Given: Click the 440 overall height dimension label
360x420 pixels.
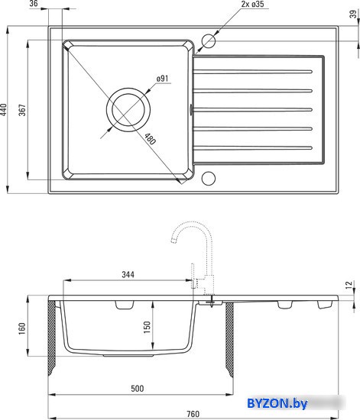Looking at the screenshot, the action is [x=4, y=110].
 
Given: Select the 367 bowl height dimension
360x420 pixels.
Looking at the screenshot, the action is [x=22, y=110].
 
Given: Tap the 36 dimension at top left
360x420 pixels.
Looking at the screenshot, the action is [x=34, y=4].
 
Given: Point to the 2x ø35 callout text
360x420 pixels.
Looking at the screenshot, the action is [x=252, y=4].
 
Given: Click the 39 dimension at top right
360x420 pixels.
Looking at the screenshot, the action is [x=354, y=14].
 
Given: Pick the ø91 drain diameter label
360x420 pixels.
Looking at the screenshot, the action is [x=163, y=79].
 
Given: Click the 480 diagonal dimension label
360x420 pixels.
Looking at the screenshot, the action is [x=150, y=139].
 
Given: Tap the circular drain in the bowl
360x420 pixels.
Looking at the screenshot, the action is [x=128, y=110].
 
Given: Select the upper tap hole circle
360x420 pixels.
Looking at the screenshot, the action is [x=208, y=41].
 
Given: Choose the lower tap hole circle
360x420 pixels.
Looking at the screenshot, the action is [x=208, y=178].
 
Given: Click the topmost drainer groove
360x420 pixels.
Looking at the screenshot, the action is [x=252, y=72].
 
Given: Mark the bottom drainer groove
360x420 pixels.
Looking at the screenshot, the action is [x=252, y=148].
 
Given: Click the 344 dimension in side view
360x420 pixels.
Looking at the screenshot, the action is [x=128, y=275].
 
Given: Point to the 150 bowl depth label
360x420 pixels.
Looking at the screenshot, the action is [x=147, y=328].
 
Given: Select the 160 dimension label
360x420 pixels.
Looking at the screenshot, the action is [x=22, y=328].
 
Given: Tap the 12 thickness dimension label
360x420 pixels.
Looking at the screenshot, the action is [x=349, y=285].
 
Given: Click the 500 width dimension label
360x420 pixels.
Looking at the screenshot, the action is [x=138, y=389].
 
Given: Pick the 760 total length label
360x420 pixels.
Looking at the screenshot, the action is [x=193, y=414].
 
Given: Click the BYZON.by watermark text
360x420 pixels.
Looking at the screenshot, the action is [x=277, y=403].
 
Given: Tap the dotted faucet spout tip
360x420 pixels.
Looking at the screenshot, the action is [x=174, y=241].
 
